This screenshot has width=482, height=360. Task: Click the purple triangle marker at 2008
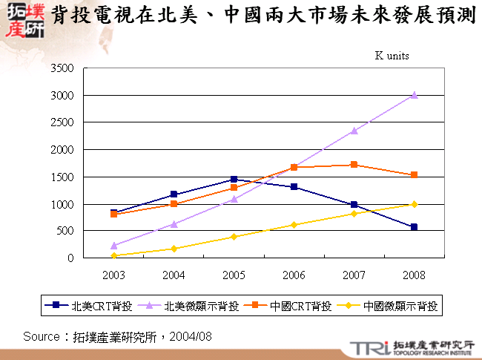(x=414, y=95)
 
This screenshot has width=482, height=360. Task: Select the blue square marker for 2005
(x=234, y=179)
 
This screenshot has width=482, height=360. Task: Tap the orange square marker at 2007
(x=354, y=165)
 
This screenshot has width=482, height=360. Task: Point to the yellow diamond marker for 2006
(x=294, y=225)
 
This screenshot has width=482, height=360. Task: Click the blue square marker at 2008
(x=414, y=227)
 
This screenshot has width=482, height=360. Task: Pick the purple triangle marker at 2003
(x=114, y=245)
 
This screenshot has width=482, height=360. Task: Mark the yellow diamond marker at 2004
(x=174, y=249)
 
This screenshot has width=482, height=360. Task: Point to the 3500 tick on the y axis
(x=62, y=68)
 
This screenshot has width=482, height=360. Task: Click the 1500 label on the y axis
(x=62, y=177)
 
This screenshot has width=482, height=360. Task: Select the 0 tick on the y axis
(x=70, y=258)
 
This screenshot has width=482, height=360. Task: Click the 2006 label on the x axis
(x=294, y=275)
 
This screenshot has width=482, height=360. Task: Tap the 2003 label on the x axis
(x=114, y=275)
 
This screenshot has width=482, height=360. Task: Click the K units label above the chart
(x=392, y=56)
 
